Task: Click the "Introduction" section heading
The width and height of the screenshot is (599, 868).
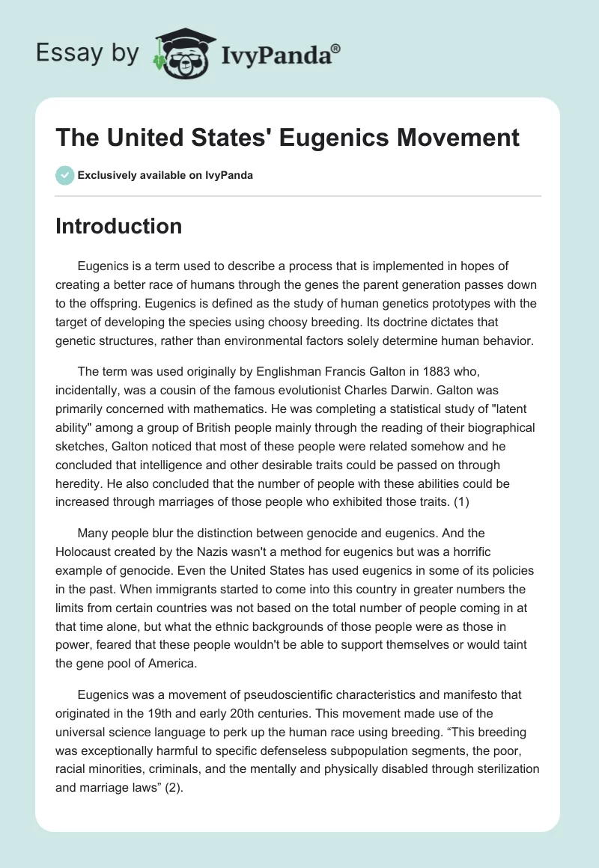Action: pyautogui.click(x=118, y=226)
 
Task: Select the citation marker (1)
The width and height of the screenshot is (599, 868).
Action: pyautogui.click(x=460, y=502)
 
